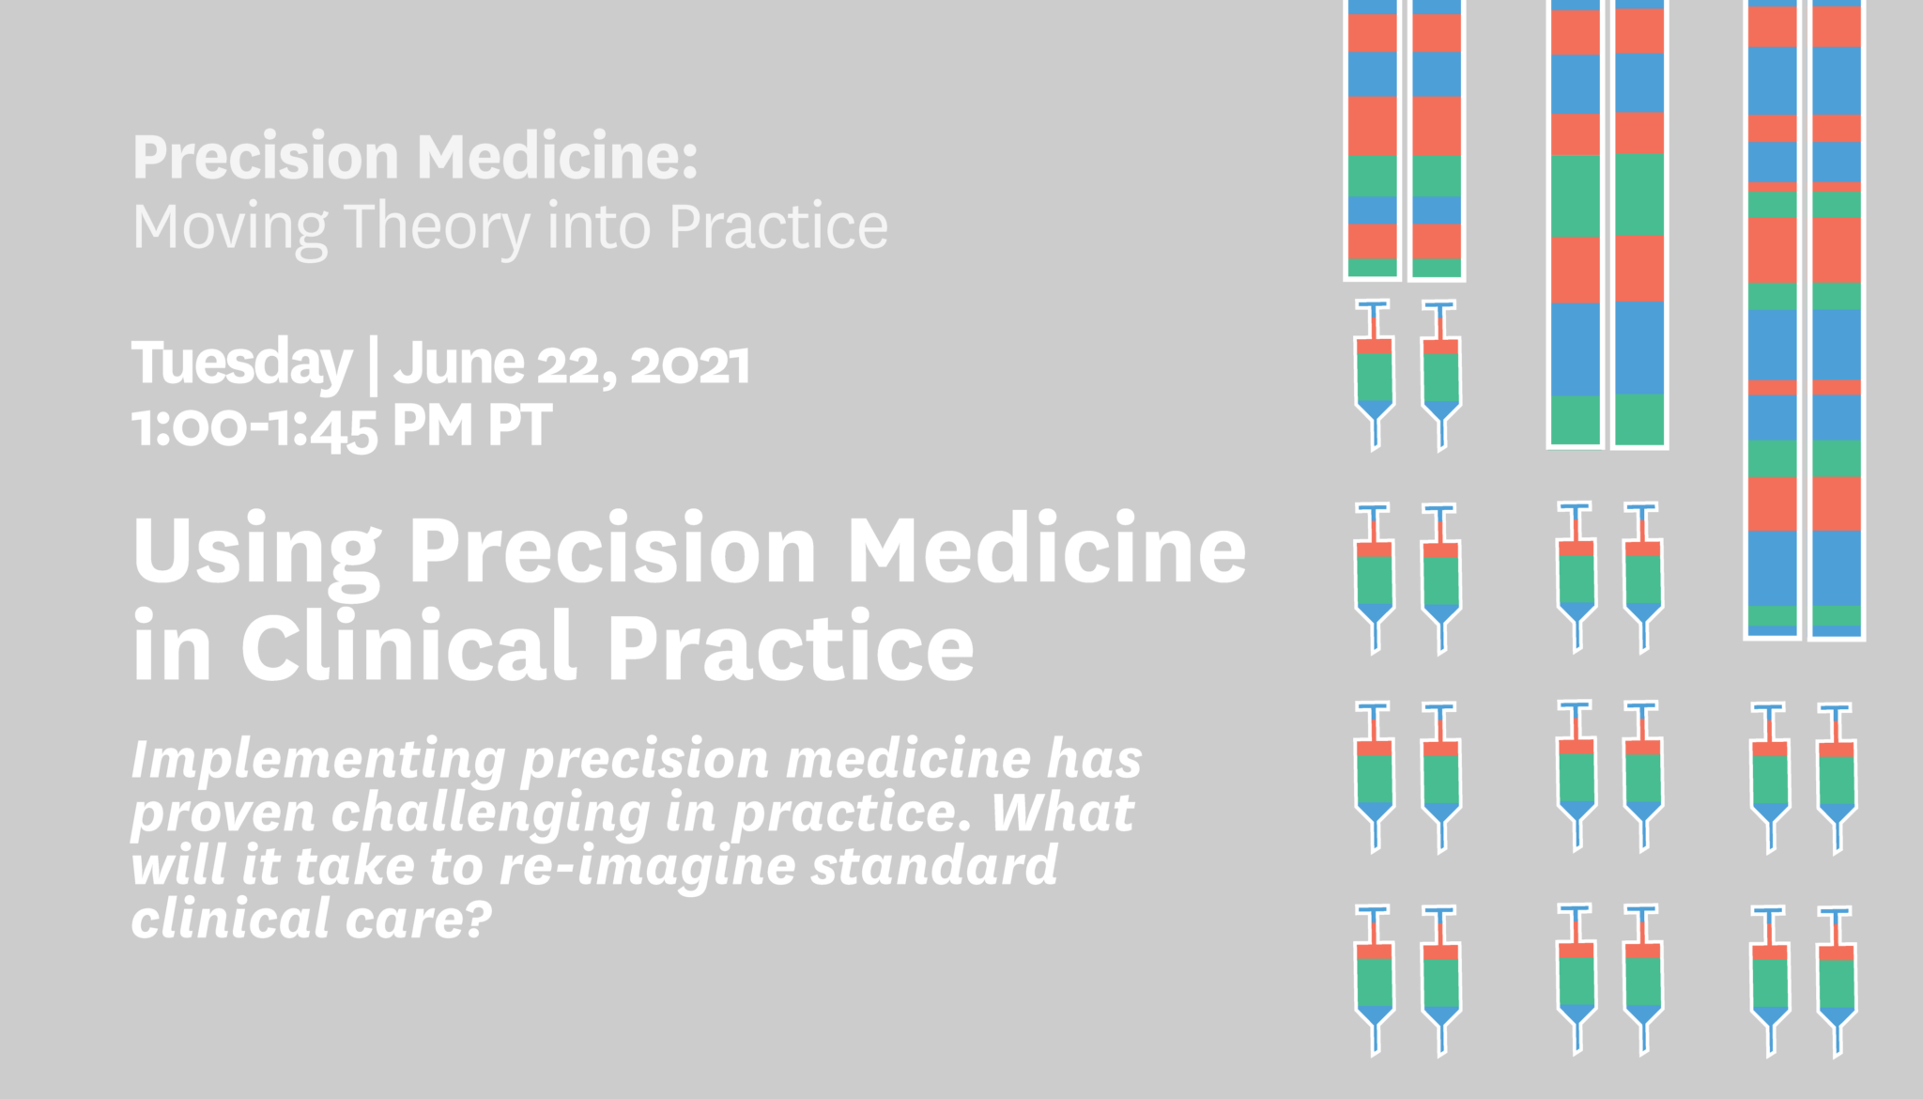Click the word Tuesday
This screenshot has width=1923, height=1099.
coord(241,364)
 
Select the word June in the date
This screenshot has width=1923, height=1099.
coord(459,364)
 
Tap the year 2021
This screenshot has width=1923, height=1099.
coord(690,364)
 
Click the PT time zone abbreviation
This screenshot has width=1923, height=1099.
coord(519,426)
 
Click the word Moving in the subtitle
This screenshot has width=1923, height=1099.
coord(230,228)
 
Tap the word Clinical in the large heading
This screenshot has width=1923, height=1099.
coord(409,645)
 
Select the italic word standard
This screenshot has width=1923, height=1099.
coord(934,865)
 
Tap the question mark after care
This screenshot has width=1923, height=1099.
coord(477,918)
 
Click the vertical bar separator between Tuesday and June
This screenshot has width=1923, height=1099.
coord(374,367)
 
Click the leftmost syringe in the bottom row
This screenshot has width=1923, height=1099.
coord(1375,981)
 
